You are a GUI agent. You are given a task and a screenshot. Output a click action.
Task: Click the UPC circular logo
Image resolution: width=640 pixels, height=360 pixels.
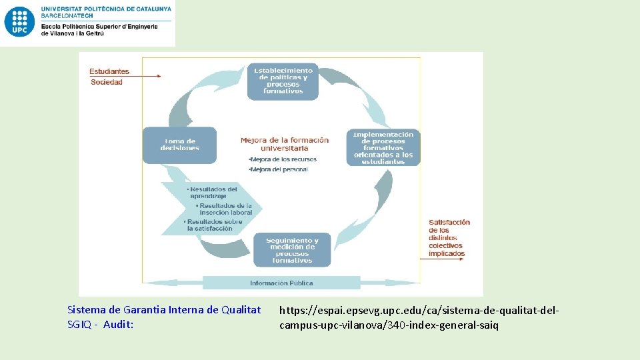19,22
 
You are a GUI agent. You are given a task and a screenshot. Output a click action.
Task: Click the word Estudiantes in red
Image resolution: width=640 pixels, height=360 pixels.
109,71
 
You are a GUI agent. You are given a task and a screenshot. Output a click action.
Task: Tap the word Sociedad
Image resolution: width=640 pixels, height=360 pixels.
107,82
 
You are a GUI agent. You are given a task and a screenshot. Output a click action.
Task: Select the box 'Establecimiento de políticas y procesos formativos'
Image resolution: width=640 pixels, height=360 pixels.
283,81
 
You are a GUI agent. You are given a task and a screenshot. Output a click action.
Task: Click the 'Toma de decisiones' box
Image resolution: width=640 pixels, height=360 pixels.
180,145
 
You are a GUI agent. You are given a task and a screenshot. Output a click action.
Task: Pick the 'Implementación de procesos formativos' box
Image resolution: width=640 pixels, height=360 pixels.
383,147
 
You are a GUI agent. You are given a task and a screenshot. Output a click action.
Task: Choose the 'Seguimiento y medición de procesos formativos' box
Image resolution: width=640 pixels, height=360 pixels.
292,250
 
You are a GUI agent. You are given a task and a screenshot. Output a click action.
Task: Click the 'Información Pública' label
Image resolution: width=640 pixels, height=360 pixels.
281,283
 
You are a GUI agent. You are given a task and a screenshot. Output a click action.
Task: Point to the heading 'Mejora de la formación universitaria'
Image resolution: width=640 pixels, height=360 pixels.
285,144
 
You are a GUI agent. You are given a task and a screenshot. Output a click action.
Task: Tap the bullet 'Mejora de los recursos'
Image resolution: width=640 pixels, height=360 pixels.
282,159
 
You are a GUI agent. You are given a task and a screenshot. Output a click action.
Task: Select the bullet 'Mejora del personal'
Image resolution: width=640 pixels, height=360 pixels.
278,169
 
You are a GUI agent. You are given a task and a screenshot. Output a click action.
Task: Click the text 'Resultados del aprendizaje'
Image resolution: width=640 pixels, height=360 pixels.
213,193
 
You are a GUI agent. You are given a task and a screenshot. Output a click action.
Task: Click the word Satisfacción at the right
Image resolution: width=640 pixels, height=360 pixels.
449,222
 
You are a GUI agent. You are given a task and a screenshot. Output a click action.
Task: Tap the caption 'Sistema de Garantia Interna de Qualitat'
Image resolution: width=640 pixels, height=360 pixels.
164,310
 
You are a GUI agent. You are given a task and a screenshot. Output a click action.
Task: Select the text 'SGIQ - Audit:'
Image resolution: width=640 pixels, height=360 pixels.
101,325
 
